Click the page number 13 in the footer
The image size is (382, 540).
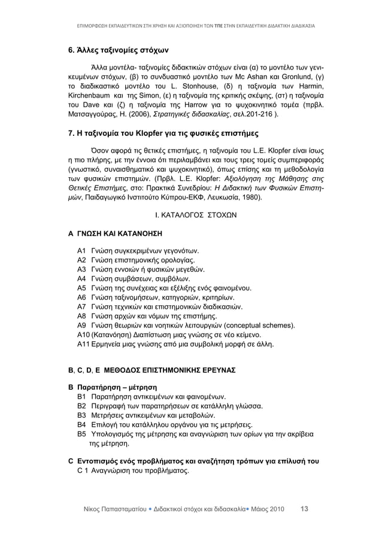pos(304,509)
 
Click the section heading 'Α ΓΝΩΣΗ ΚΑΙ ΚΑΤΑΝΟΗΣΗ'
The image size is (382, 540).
pos(115,233)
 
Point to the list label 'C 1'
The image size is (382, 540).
pos(84,471)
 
